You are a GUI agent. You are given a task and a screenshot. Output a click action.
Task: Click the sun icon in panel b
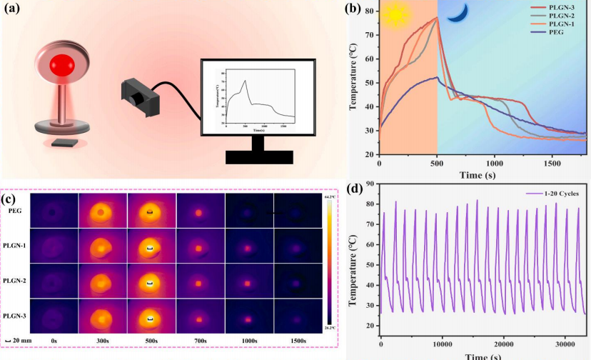coord(391,16)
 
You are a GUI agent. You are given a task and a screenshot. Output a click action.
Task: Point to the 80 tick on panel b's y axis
coord(370,11)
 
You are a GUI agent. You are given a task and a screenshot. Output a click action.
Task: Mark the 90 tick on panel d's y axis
coord(370,184)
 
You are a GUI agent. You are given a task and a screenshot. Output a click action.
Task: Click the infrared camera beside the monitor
coord(138,98)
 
